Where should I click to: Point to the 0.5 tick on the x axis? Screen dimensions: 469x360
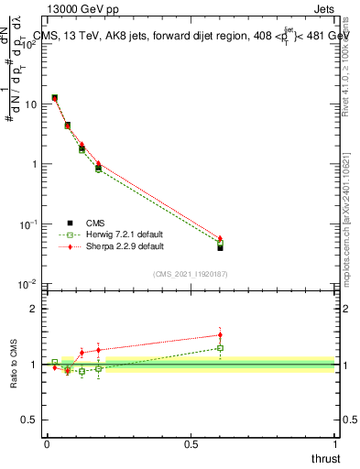point(191,444)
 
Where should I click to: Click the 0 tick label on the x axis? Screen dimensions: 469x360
point(47,444)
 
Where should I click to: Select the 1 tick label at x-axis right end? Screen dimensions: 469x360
point(336,444)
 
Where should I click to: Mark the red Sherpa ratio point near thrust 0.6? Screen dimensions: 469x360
point(220,334)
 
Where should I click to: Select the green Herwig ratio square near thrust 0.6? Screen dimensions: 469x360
point(220,348)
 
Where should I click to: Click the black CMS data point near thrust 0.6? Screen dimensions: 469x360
point(220,247)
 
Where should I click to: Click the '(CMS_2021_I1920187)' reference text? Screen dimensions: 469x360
point(190,274)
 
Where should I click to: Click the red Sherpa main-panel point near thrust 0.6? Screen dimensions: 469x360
point(220,238)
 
